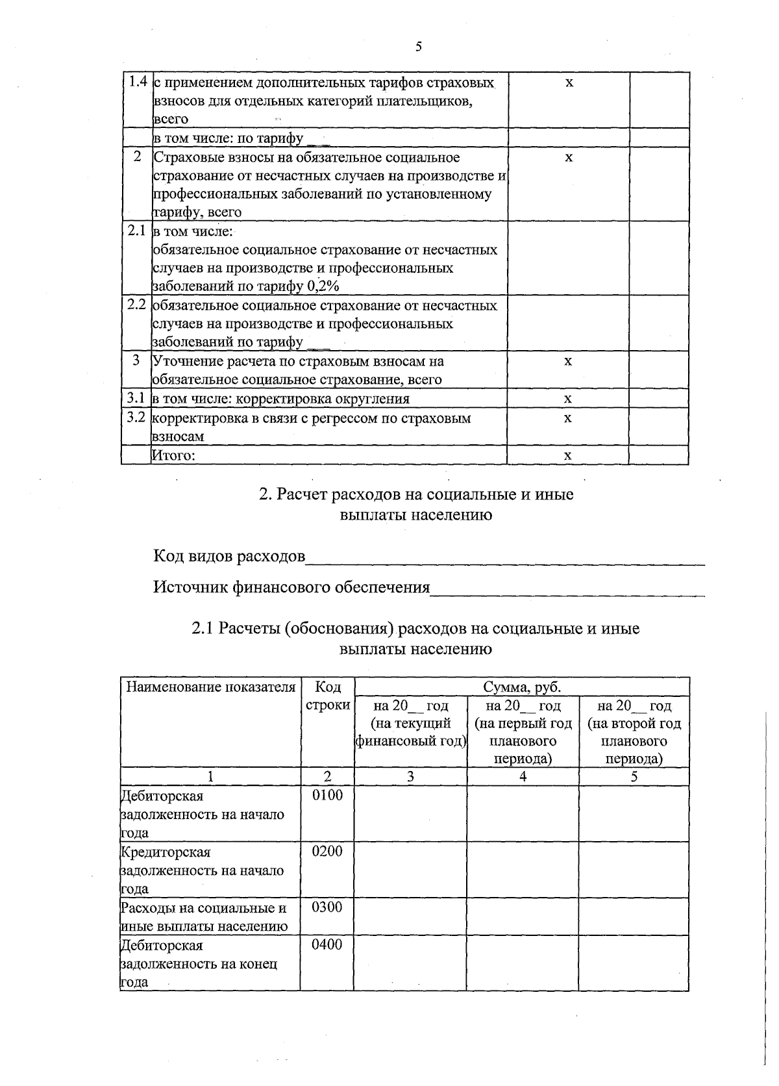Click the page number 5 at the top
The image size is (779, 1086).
(x=418, y=46)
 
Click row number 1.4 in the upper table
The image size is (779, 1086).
(x=136, y=82)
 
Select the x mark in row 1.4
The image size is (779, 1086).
(x=569, y=83)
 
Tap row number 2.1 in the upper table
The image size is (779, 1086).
(x=136, y=231)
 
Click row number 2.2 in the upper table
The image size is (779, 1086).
(x=136, y=305)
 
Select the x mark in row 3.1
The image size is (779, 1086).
(x=568, y=398)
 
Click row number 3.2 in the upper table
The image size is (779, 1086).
(x=136, y=417)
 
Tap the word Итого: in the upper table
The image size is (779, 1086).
(x=173, y=455)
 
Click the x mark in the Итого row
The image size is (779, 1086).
(x=568, y=455)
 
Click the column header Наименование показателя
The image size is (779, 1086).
(x=210, y=687)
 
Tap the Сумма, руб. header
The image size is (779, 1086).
(x=521, y=687)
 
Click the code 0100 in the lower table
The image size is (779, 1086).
(x=327, y=795)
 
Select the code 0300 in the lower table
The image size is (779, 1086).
(x=327, y=907)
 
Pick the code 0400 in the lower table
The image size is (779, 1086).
(x=327, y=944)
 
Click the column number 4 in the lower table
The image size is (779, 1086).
(x=523, y=776)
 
